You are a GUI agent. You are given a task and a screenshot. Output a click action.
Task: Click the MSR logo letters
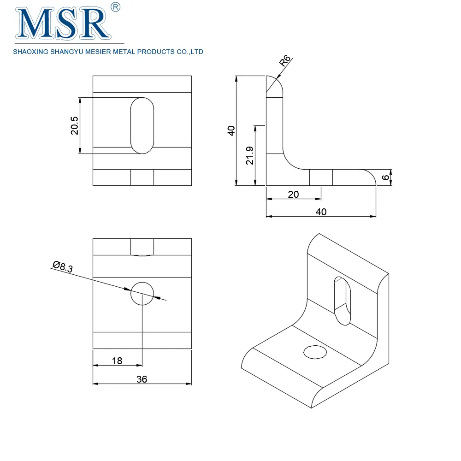pyautogui.click(x=63, y=24)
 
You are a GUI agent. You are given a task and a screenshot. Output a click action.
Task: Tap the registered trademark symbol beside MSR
pyautogui.click(x=116, y=7)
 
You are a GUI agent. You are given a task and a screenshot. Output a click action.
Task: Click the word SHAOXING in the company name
pyautogui.click(x=30, y=52)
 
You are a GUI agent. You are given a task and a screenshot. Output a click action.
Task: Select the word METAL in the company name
pyautogui.click(x=124, y=52)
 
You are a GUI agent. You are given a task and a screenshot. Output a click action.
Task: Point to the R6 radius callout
pyautogui.click(x=284, y=60)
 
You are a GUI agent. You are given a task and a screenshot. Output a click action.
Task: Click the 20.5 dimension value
pyautogui.click(x=74, y=125)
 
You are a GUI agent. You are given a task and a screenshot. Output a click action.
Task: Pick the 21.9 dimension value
pyautogui.click(x=249, y=155)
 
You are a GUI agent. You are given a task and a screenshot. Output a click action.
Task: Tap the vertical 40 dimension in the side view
pyautogui.click(x=231, y=130)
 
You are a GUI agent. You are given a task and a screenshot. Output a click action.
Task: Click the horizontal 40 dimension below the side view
pyautogui.click(x=321, y=212)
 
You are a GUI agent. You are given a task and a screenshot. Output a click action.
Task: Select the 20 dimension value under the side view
pyautogui.click(x=293, y=195)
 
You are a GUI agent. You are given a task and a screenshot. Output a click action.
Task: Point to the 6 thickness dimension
pyautogui.click(x=385, y=177)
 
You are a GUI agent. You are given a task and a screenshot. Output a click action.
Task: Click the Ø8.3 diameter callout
pyautogui.click(x=63, y=266)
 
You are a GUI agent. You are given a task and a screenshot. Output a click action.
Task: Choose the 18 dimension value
pyautogui.click(x=117, y=361)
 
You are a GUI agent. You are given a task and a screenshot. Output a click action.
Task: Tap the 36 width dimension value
pyautogui.click(x=142, y=379)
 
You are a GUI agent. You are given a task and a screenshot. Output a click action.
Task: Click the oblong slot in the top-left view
pyautogui.click(x=142, y=125)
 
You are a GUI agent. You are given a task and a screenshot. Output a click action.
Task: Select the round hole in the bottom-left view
pyautogui.click(x=142, y=293)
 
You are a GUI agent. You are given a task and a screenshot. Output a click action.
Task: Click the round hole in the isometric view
pyautogui.click(x=315, y=352)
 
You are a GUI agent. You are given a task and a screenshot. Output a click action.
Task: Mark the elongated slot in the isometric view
pyautogui.click(x=343, y=301)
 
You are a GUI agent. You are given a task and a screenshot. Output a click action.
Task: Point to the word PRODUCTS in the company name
pyautogui.click(x=156, y=52)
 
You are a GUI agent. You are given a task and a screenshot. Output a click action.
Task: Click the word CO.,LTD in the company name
pyautogui.click(x=190, y=52)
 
